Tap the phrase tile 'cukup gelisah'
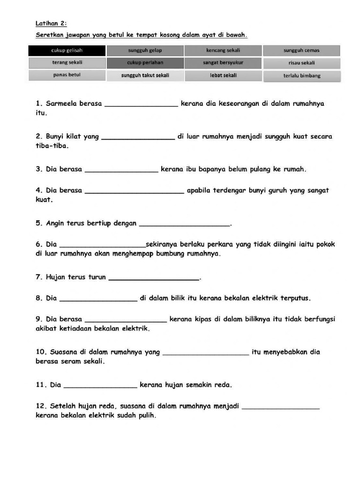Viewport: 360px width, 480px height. pyautogui.click(x=67, y=51)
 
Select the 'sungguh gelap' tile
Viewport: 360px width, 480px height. pyautogui.click(x=145, y=51)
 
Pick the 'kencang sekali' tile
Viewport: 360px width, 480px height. pyautogui.click(x=223, y=51)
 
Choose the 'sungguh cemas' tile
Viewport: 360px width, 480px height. pyautogui.click(x=301, y=51)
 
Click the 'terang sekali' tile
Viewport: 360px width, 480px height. pyautogui.click(x=67, y=63)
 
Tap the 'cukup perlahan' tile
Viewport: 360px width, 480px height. pyautogui.click(x=145, y=63)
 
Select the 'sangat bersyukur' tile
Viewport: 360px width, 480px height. pyautogui.click(x=223, y=63)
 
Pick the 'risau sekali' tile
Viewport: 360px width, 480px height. pyautogui.click(x=301, y=63)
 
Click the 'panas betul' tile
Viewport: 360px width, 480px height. pyautogui.click(x=67, y=75)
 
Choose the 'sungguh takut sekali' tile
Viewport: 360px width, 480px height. pyautogui.click(x=145, y=75)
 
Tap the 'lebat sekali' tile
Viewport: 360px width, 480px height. pyautogui.click(x=223, y=75)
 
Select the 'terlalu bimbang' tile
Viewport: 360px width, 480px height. pyautogui.click(x=301, y=75)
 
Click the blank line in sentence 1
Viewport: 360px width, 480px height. pyautogui.click(x=141, y=105)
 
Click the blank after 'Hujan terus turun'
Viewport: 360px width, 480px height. pyautogui.click(x=154, y=278)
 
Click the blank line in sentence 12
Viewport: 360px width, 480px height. pyautogui.click(x=281, y=407)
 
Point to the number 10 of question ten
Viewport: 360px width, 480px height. pyautogui.click(x=40, y=352)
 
